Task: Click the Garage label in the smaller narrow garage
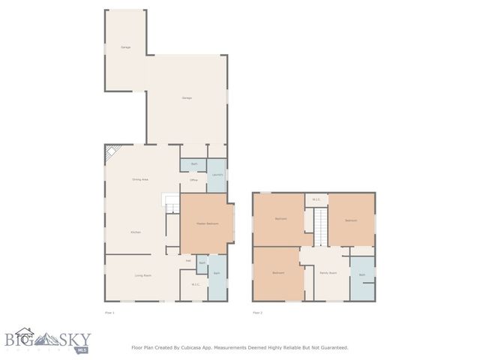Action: [x=125, y=47]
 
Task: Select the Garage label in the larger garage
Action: [x=186, y=98]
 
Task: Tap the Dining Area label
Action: [x=139, y=180]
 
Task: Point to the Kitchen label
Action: [x=136, y=232]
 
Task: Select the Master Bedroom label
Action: [x=206, y=223]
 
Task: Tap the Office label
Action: [x=193, y=181]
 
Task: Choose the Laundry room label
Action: [x=217, y=175]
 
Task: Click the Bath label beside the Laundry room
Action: [x=193, y=163]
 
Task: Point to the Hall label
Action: [x=188, y=261]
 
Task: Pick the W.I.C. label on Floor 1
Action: [x=195, y=284]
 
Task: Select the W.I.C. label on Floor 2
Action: [x=316, y=199]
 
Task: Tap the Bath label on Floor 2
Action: [x=361, y=275]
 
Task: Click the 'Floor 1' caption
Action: [x=109, y=311]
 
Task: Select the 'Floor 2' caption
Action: [x=257, y=311]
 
